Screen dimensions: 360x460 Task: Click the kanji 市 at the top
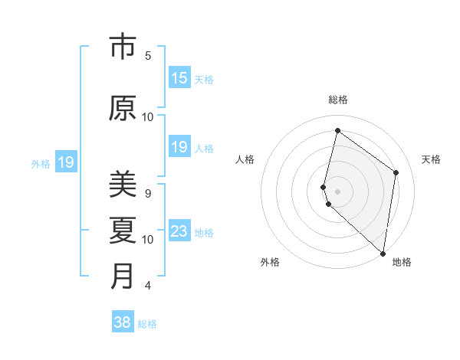click(x=123, y=47)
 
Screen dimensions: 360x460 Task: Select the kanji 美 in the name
click(x=123, y=184)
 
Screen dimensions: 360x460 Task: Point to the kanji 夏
click(x=123, y=230)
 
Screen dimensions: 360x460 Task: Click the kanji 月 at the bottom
click(x=123, y=276)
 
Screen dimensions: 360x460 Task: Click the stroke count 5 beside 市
click(x=148, y=56)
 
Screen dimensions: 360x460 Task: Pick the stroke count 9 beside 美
click(x=148, y=193)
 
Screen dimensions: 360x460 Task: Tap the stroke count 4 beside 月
click(x=148, y=286)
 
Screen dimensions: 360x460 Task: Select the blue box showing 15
click(x=179, y=78)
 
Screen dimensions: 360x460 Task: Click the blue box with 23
click(x=179, y=231)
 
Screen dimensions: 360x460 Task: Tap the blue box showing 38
click(x=122, y=322)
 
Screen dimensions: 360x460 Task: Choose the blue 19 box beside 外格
click(x=66, y=162)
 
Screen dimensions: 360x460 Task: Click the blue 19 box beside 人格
click(x=179, y=147)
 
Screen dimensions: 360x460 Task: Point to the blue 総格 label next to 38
click(x=148, y=324)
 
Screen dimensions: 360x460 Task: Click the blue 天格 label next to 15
click(x=204, y=80)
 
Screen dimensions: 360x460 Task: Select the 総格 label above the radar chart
click(x=338, y=100)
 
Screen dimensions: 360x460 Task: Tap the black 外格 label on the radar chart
click(x=270, y=262)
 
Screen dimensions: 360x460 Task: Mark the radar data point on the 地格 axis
click(x=383, y=253)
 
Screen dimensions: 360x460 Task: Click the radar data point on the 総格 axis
click(x=337, y=131)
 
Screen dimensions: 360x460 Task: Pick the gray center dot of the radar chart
click(x=337, y=191)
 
